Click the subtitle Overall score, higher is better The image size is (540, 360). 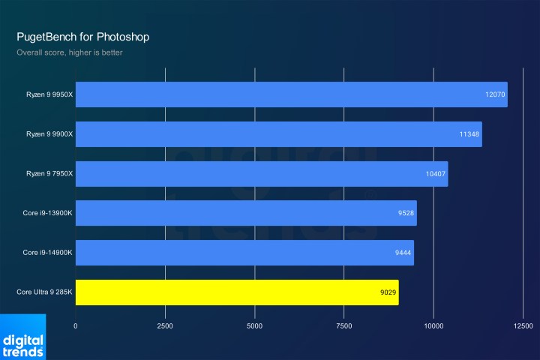pos(70,52)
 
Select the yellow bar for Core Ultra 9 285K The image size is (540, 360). pos(237,292)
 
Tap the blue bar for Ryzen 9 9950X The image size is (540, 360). pos(291,94)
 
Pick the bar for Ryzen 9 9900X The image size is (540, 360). pos(278,134)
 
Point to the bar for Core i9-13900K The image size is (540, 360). pos(246,213)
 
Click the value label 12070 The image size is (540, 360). pos(495,95)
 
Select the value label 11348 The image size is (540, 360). pos(469,135)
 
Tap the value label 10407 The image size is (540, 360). pos(436,174)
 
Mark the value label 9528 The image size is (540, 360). pos(406,214)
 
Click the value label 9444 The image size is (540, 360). pos(403,253)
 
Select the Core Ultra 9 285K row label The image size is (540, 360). pos(44,292)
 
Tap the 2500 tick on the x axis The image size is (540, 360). pos(165,326)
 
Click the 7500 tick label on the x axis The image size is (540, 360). pos(344,326)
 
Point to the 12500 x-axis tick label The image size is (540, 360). pos(523,326)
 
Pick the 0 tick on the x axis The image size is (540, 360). pos(76,326)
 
